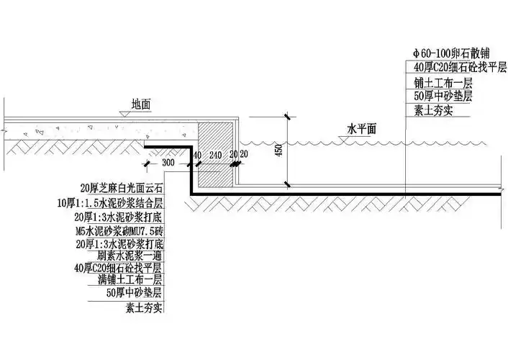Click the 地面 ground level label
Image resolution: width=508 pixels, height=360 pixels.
point(140,104)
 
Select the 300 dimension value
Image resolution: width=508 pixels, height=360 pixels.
point(168,163)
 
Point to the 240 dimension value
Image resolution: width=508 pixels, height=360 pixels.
point(214,155)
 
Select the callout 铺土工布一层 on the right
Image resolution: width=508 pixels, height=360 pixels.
point(440,81)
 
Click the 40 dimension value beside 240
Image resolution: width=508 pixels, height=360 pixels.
point(196,155)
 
